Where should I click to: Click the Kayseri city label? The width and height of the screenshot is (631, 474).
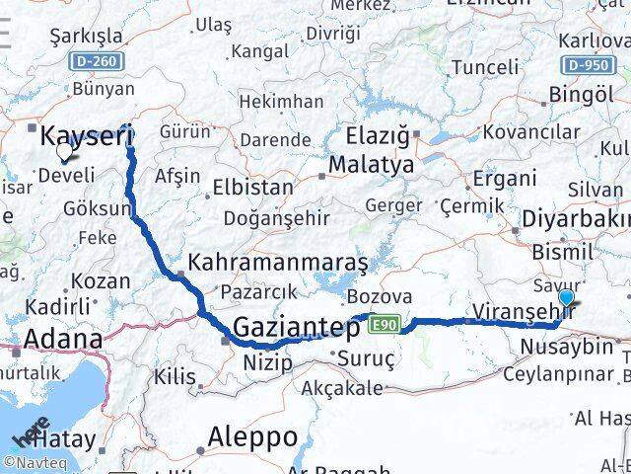[x=86, y=137]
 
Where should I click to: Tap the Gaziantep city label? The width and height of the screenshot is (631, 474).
[x=296, y=328]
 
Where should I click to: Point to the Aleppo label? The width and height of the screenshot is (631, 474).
[x=252, y=435]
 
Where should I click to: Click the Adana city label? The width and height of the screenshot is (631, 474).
[x=62, y=339]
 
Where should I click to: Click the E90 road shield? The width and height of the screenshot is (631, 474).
[x=386, y=323]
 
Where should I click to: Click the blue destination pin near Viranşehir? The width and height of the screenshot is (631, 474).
[x=566, y=298]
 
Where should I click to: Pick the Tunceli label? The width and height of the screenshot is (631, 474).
[x=484, y=67]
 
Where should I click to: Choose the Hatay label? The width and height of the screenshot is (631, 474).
[x=69, y=439]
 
